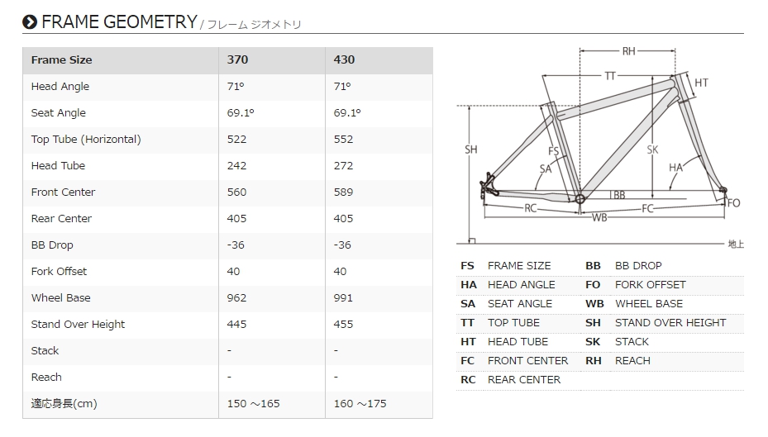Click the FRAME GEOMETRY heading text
point(119,22)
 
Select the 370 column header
point(237,59)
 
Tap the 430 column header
point(344,59)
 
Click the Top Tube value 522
point(236,139)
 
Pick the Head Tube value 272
point(343,165)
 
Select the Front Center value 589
point(343,192)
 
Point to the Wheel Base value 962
point(236,297)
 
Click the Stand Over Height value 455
point(343,324)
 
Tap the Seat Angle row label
point(59,113)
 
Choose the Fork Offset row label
point(59,271)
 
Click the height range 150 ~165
point(253,403)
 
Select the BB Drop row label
point(52,245)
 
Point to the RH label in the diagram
point(628,51)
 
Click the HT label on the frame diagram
point(701,83)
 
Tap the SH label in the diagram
point(470,150)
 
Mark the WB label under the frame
point(599,217)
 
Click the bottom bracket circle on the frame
point(580,199)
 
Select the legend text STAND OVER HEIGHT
point(670,322)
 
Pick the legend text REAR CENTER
point(524,380)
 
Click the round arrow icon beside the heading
point(30,22)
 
